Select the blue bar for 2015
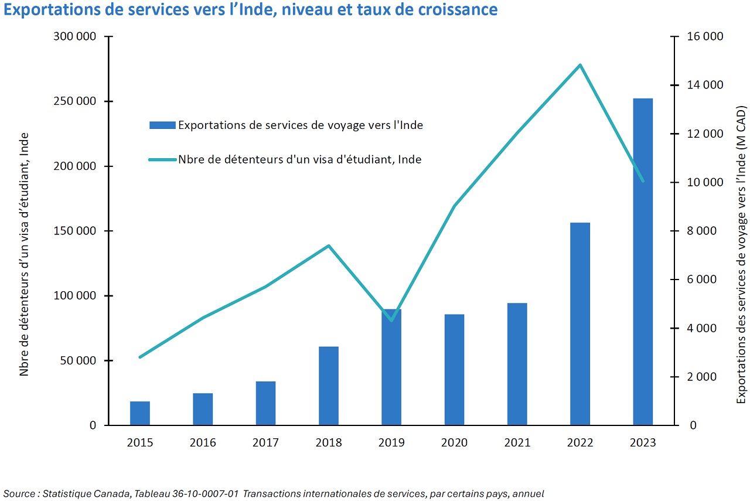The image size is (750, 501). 140,413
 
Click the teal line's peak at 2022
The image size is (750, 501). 579,65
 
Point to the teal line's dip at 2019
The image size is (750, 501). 391,320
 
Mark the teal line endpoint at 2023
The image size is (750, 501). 643,181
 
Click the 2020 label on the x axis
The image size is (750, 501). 454,442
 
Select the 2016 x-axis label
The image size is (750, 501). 203,442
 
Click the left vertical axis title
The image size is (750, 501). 25,255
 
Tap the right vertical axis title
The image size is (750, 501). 742,255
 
